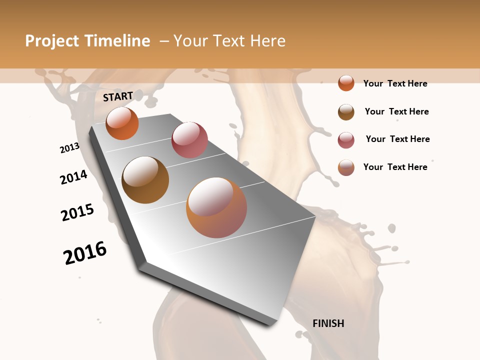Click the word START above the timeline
118,96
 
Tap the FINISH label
328,323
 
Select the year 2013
70,148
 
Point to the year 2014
74,177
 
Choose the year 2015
77,212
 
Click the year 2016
85,253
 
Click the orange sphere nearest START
122,123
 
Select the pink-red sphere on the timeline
189,140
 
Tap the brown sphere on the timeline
145,180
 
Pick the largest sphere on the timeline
216,207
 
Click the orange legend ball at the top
346,83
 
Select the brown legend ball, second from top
346,112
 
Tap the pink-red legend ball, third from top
346,140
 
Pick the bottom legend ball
346,167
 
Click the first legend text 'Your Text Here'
395,83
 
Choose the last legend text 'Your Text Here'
395,167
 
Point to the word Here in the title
268,41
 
